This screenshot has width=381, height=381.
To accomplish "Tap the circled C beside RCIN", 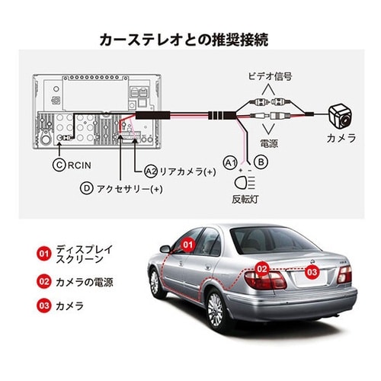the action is click(x=59, y=165).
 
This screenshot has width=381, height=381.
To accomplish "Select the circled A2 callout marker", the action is click(x=151, y=171).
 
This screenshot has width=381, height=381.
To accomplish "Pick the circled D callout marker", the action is click(x=87, y=189).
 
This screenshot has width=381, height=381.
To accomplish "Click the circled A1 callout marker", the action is click(x=230, y=162).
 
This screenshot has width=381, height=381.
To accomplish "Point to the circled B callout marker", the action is click(x=261, y=162).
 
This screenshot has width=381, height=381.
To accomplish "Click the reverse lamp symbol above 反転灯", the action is click(x=245, y=182).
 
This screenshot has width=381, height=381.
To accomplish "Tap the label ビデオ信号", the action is click(x=270, y=76).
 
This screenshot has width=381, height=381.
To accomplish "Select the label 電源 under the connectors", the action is click(x=269, y=143).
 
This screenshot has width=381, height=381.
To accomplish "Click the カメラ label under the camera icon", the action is click(x=341, y=138).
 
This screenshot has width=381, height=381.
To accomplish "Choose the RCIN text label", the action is click(x=79, y=165).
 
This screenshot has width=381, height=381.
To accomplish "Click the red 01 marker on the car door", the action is click(x=188, y=245).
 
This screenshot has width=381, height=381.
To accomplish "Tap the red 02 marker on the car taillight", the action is click(x=262, y=269).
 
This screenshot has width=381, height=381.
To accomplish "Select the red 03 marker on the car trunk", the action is click(x=312, y=272).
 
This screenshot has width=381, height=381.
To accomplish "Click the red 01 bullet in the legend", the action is click(x=43, y=254).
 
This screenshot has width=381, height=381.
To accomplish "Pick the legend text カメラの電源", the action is click(x=85, y=282).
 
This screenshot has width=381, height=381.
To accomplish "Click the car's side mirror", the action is click(x=165, y=249).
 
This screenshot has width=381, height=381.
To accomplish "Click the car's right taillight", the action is click(x=344, y=274).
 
